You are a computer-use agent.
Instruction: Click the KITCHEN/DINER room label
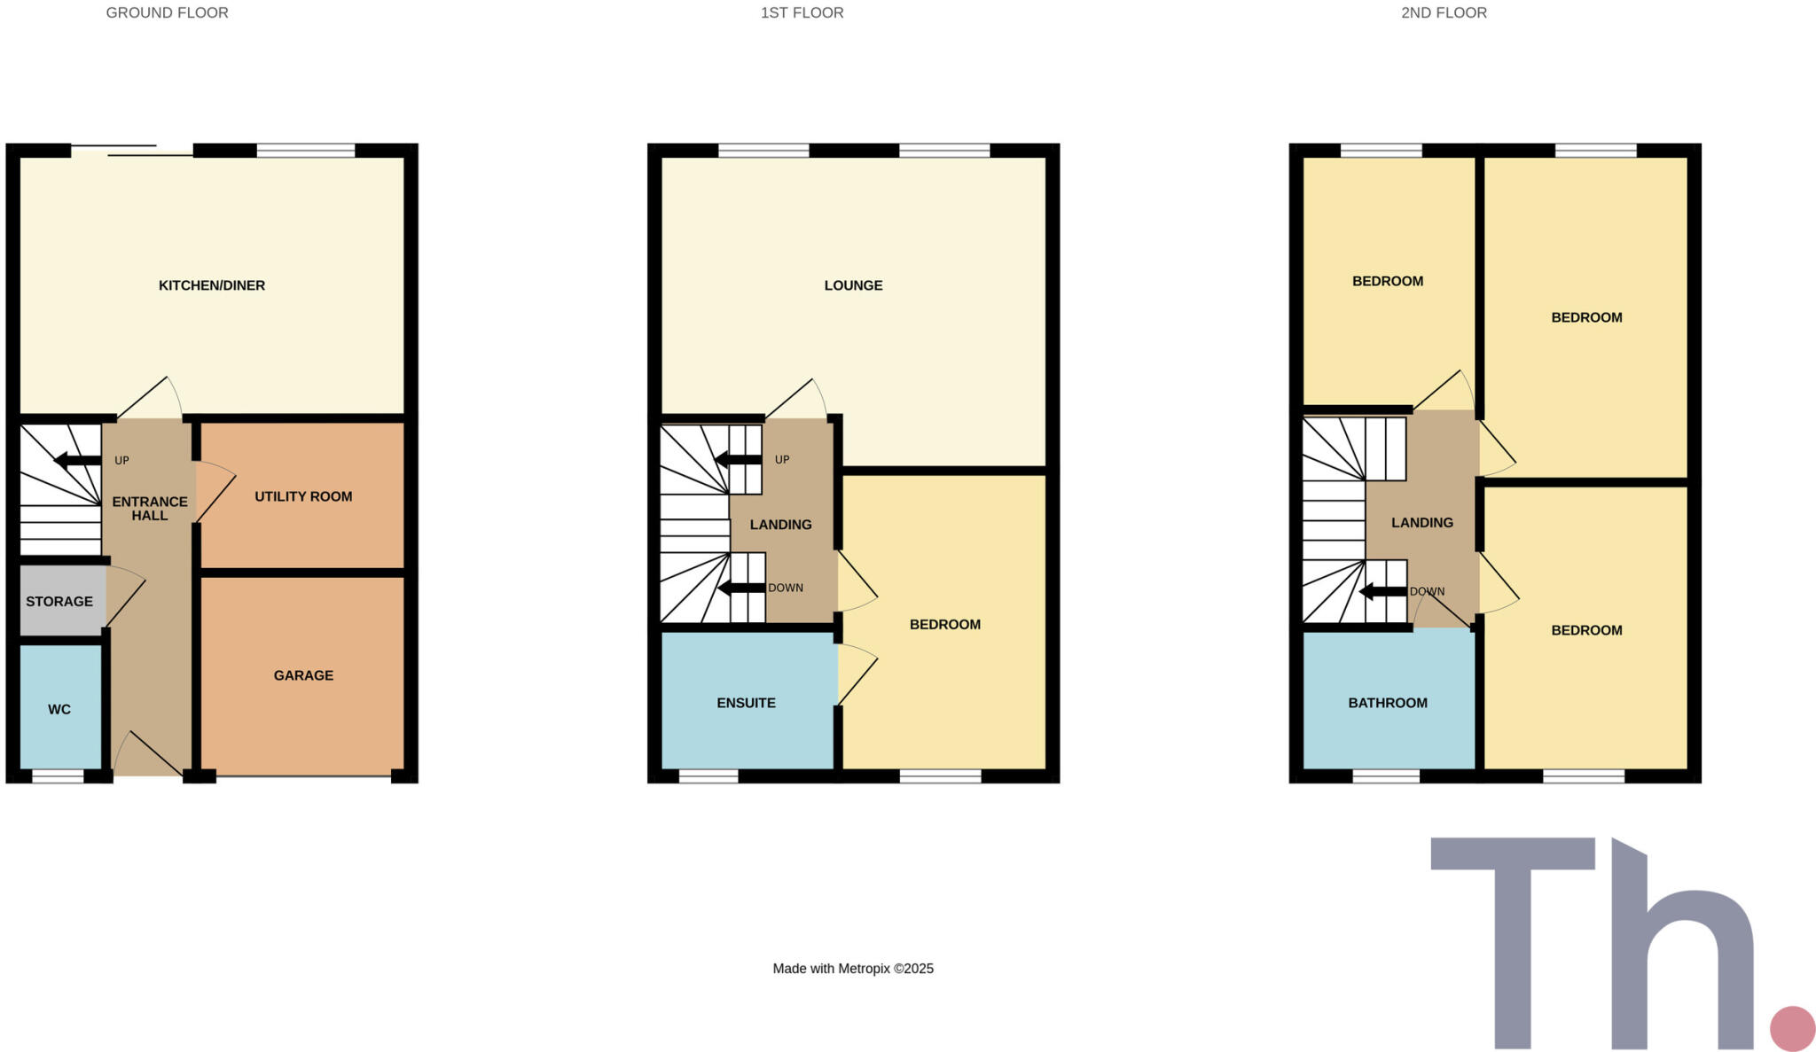[211, 285]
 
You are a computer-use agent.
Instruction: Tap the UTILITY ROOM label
[303, 496]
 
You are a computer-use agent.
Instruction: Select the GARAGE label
[303, 675]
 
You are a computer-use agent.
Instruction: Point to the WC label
[59, 709]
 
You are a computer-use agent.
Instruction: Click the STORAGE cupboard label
[59, 602]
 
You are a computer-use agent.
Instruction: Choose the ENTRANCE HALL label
[150, 509]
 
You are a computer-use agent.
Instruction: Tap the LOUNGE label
[853, 285]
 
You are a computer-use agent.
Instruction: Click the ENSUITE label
[746, 703]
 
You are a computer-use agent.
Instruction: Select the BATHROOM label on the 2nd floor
[1388, 703]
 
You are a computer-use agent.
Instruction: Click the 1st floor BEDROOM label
[944, 625]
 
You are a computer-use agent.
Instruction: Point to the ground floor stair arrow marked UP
[78, 461]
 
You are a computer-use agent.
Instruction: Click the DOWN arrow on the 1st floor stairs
[741, 588]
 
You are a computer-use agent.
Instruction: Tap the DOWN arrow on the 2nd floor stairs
[1382, 592]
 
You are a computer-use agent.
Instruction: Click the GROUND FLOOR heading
[167, 13]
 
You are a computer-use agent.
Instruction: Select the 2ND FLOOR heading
[1444, 13]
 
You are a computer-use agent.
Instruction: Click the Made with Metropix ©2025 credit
[853, 969]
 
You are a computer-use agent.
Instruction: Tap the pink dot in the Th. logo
[1792, 1029]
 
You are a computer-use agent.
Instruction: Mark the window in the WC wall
[58, 777]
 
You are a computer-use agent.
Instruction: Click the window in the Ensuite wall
[708, 777]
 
